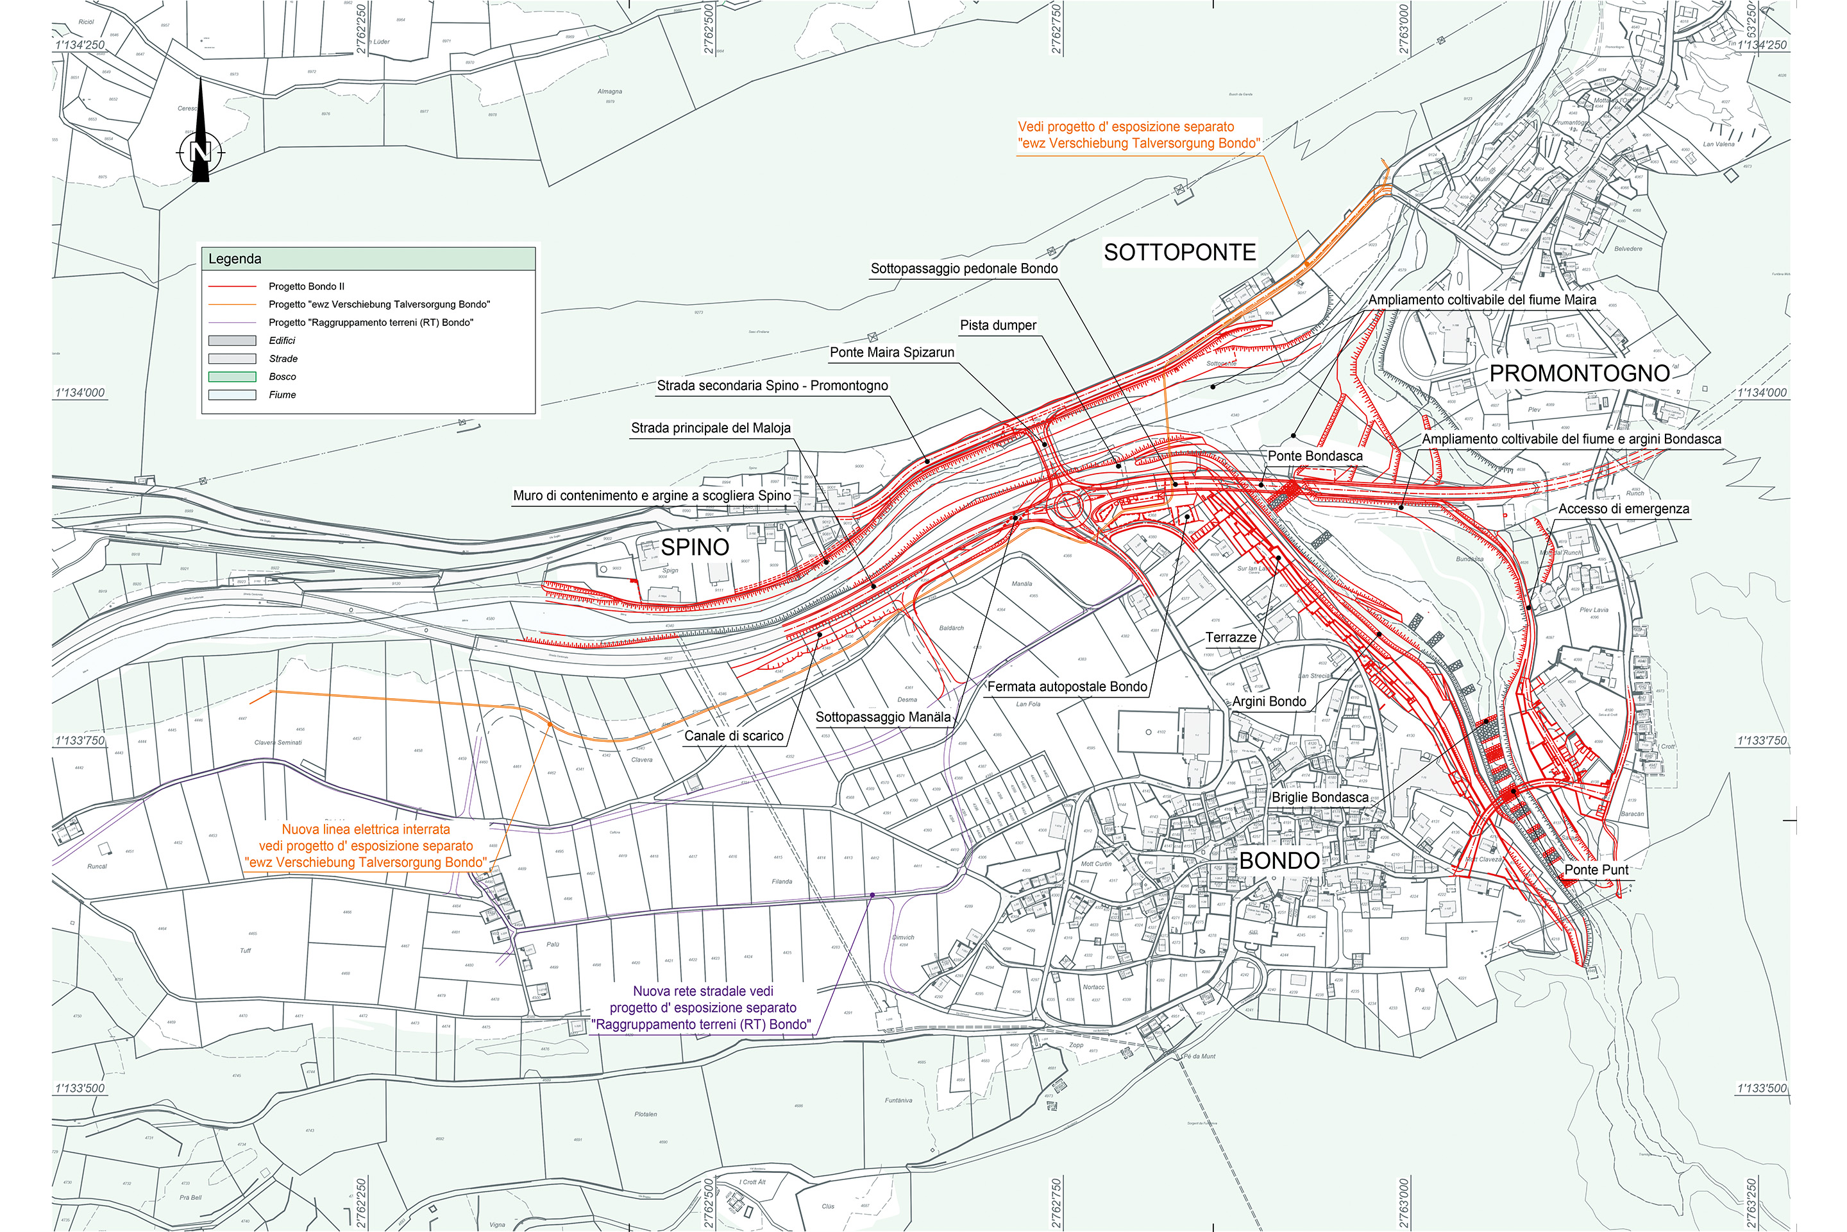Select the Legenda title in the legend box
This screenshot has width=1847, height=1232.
pyautogui.click(x=235, y=259)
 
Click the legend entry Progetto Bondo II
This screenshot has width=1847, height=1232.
pyautogui.click(x=307, y=286)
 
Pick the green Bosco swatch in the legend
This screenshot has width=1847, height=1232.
pyautogui.click(x=232, y=377)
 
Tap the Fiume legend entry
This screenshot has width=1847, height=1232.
pyautogui.click(x=282, y=395)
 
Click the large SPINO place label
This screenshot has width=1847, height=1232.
pyautogui.click(x=695, y=547)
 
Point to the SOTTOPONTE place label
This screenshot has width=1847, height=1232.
pyautogui.click(x=1179, y=252)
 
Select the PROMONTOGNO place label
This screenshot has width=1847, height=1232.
pyautogui.click(x=1579, y=373)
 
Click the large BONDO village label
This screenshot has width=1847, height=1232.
pyautogui.click(x=1278, y=860)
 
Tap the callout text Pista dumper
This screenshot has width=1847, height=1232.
pyautogui.click(x=997, y=325)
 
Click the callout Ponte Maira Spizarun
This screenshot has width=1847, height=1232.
pyautogui.click(x=891, y=352)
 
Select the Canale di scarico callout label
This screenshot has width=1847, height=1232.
pyautogui.click(x=734, y=736)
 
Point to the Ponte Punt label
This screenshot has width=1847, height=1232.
pyautogui.click(x=1596, y=870)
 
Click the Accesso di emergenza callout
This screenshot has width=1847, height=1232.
pyautogui.click(x=1623, y=509)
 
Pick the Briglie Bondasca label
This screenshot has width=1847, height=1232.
pyautogui.click(x=1319, y=798)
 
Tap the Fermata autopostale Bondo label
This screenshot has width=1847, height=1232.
pyautogui.click(x=1067, y=687)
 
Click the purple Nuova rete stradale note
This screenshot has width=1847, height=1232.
pyautogui.click(x=702, y=1007)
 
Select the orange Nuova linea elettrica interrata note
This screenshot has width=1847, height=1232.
pyautogui.click(x=366, y=846)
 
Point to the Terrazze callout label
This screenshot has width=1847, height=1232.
pyautogui.click(x=1231, y=637)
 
